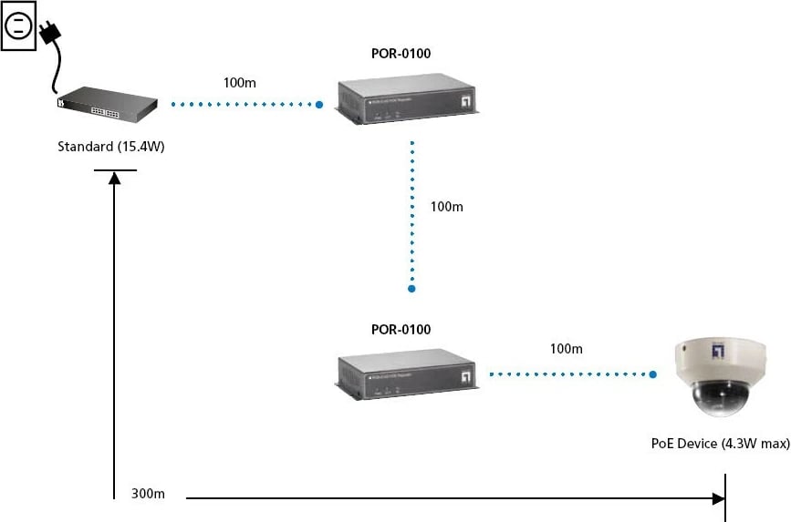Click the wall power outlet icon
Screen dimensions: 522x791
coord(17,25)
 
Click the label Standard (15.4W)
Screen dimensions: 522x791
coord(111,146)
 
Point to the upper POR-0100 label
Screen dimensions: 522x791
coord(401,54)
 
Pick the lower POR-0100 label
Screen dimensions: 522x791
coord(401,330)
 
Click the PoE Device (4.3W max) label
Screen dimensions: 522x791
coord(720,444)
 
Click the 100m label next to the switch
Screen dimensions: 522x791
coord(239,83)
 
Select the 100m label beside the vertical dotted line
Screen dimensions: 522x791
coord(446,207)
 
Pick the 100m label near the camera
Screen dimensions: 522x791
coord(566,349)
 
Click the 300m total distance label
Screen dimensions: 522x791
coord(148,494)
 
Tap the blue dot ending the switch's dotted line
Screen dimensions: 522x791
coord(319,105)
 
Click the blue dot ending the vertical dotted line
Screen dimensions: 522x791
coord(411,289)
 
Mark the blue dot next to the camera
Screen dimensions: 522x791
coord(653,374)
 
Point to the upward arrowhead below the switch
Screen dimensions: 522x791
coord(114,179)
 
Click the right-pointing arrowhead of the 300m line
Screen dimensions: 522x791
coord(718,498)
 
